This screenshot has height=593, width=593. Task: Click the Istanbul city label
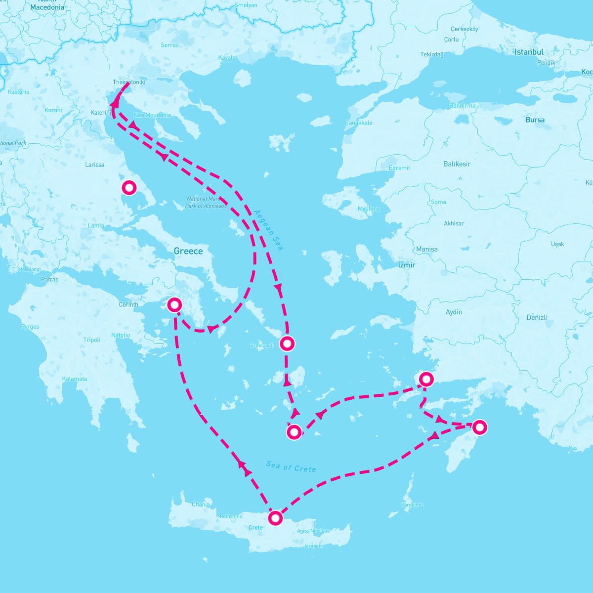[529, 52]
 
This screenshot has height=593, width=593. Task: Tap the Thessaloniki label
[129, 83]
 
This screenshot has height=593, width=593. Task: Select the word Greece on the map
[188, 251]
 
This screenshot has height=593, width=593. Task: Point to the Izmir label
[407, 265]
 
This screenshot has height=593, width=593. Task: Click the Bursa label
[535, 120]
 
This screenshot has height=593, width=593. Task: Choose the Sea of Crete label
[291, 466]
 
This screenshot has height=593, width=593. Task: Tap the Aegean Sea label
[268, 230]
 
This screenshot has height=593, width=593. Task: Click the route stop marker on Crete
[275, 518]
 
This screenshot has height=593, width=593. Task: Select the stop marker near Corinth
[174, 304]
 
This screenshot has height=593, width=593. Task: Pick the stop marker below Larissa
[129, 188]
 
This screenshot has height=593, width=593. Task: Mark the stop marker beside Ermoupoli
[287, 343]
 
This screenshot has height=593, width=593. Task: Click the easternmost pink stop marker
[479, 427]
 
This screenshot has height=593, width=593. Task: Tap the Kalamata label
[75, 379]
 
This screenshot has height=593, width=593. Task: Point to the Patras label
[49, 279]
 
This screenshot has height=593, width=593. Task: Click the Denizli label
[537, 317]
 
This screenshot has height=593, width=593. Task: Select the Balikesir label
[457, 164]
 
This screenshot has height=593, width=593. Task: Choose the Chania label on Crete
[201, 505]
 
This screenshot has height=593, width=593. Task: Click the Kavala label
[227, 58]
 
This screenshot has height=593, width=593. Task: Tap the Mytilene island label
[369, 209]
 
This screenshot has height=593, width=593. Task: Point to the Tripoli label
[91, 340]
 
